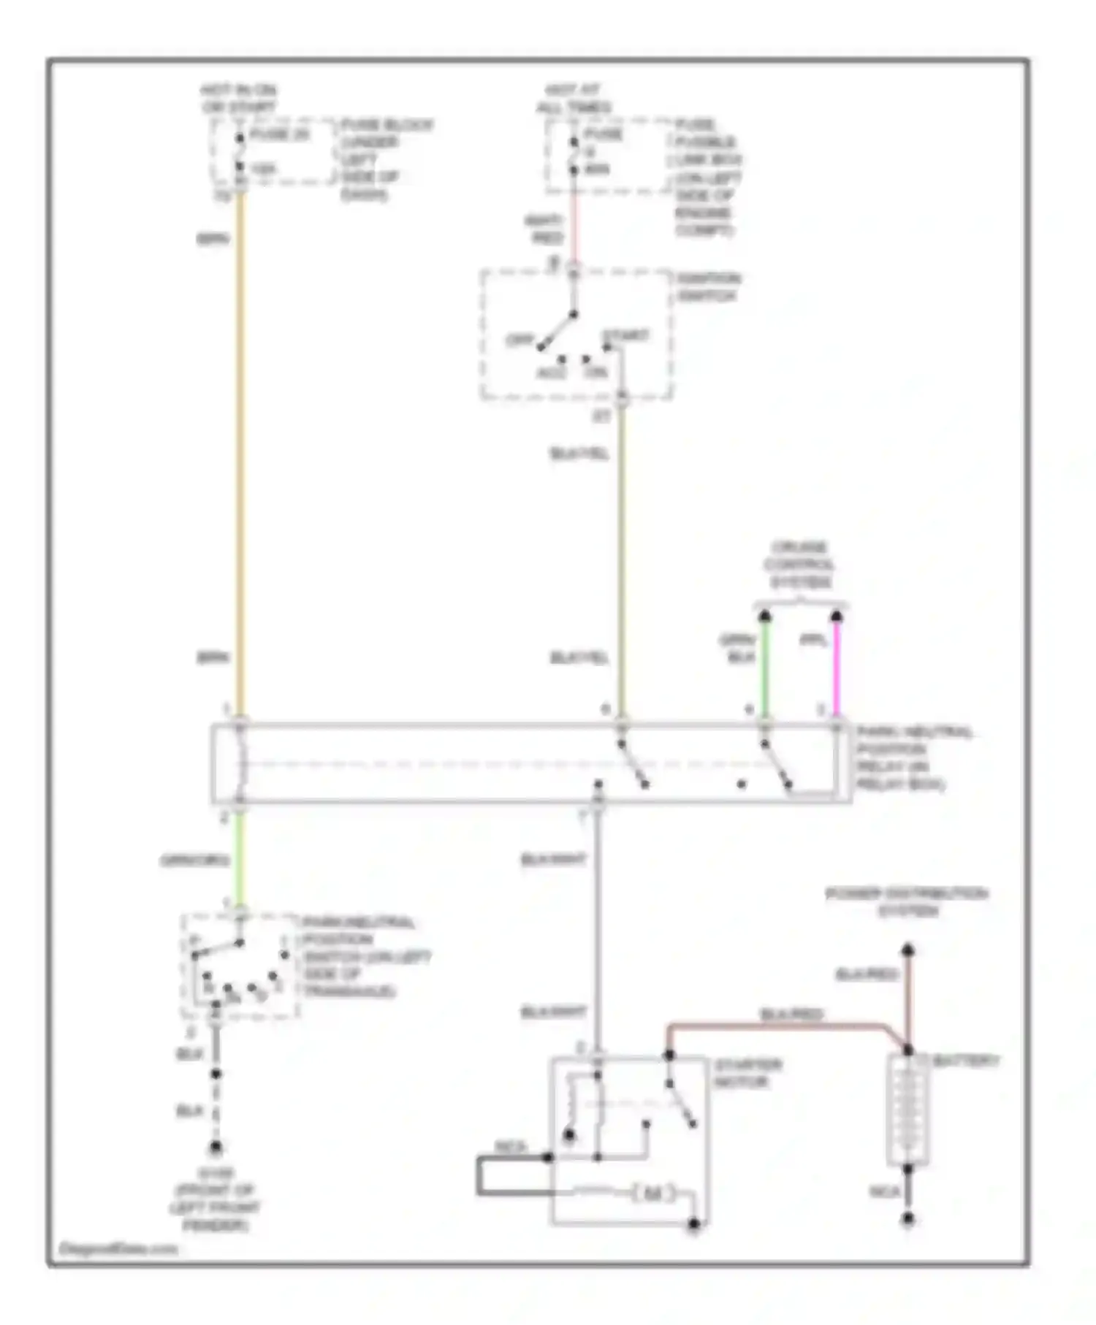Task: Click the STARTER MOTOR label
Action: click(x=747, y=1072)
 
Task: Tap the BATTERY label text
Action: click(x=964, y=1061)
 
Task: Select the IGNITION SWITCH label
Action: click(x=707, y=287)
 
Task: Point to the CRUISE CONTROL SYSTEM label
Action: click(x=800, y=565)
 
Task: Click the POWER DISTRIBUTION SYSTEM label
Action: click(x=906, y=902)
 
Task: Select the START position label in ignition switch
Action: click(x=625, y=336)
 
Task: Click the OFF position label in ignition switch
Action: click(x=520, y=340)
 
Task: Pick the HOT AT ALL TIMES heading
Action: click(x=574, y=99)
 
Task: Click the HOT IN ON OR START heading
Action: click(x=239, y=99)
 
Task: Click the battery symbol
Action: click(x=907, y=1110)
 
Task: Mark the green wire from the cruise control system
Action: click(x=764, y=672)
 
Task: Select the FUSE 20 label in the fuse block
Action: click(x=280, y=134)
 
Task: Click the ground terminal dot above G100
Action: click(x=216, y=1148)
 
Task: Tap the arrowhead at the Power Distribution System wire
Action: click(x=907, y=950)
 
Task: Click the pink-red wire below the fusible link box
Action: click(x=574, y=226)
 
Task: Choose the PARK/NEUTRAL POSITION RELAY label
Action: click(x=913, y=758)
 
